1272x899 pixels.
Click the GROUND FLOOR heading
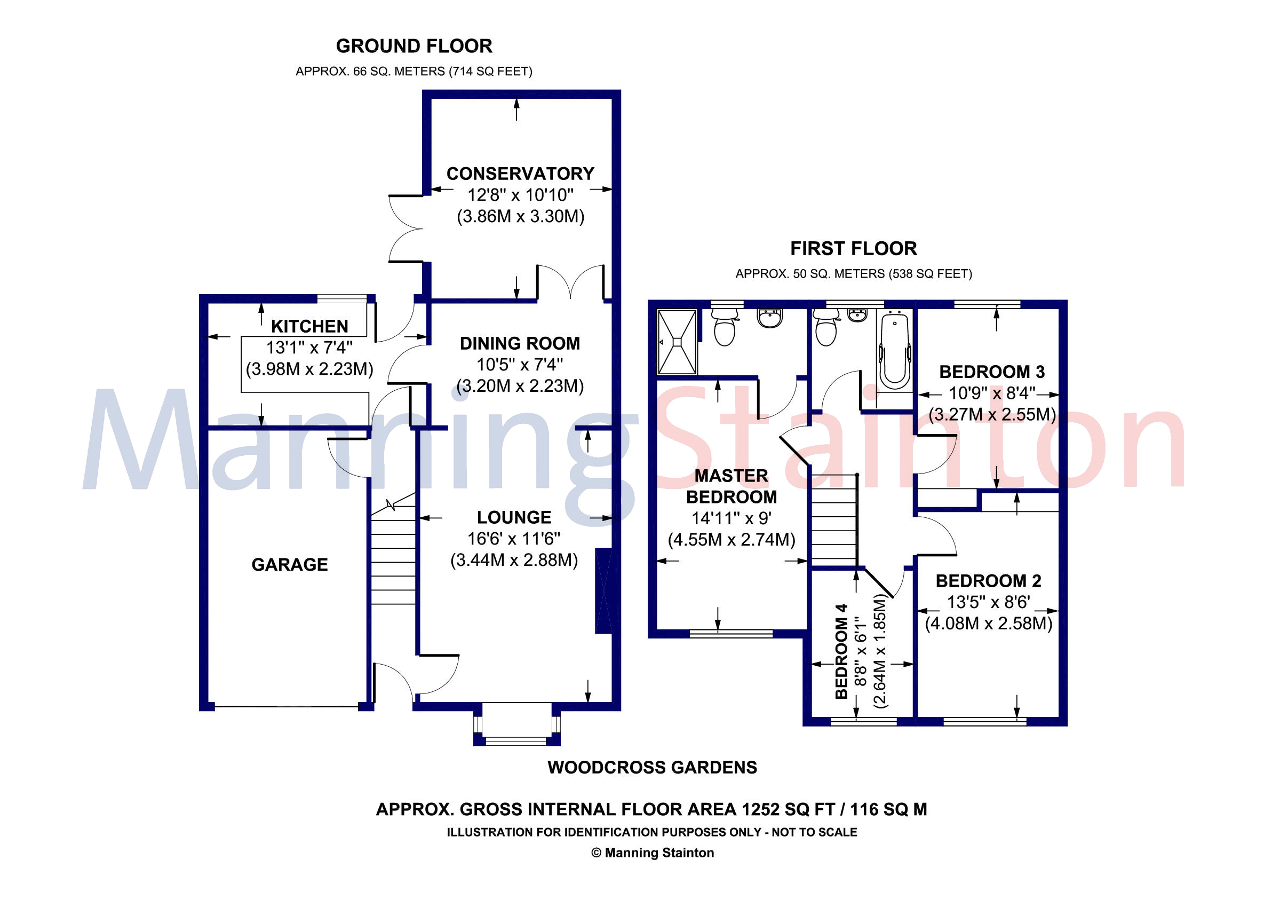(x=414, y=46)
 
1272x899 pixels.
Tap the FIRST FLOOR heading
(x=853, y=249)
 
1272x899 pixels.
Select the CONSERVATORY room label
(x=520, y=174)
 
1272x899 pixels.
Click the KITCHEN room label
(x=309, y=327)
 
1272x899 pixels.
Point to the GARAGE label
(x=289, y=565)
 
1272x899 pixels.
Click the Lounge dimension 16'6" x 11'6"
(x=514, y=539)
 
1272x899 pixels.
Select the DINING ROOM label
(x=520, y=344)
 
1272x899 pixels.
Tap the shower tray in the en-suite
(x=677, y=343)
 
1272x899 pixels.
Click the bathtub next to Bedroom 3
(x=895, y=350)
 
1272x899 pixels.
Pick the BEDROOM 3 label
(x=992, y=372)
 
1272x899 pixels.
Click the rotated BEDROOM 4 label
(x=841, y=652)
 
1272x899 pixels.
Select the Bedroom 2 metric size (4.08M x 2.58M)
(x=988, y=624)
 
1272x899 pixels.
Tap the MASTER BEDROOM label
(x=732, y=487)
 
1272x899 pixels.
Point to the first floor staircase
(x=834, y=521)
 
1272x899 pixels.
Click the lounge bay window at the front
(x=516, y=725)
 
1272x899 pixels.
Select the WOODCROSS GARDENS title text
(x=652, y=768)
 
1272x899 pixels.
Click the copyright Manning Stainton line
(x=652, y=853)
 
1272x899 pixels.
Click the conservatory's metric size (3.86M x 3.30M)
(x=520, y=216)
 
